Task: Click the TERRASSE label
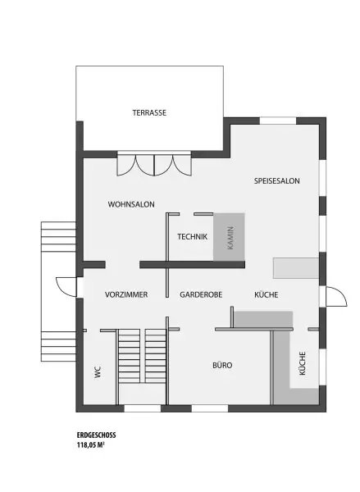coord(149,113)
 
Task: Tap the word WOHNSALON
coord(131,204)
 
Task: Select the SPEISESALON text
coord(276,179)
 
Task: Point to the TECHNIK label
coord(192,237)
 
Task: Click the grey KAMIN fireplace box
coord(230,237)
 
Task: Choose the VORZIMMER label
coord(125,294)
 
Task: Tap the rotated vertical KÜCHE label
coord(303,363)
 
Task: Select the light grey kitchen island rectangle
coord(295,268)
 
